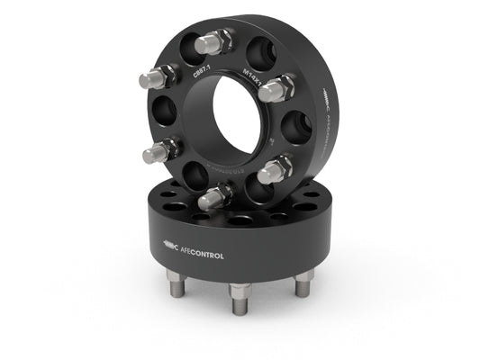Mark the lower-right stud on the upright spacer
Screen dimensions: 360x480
[x=276, y=167]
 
